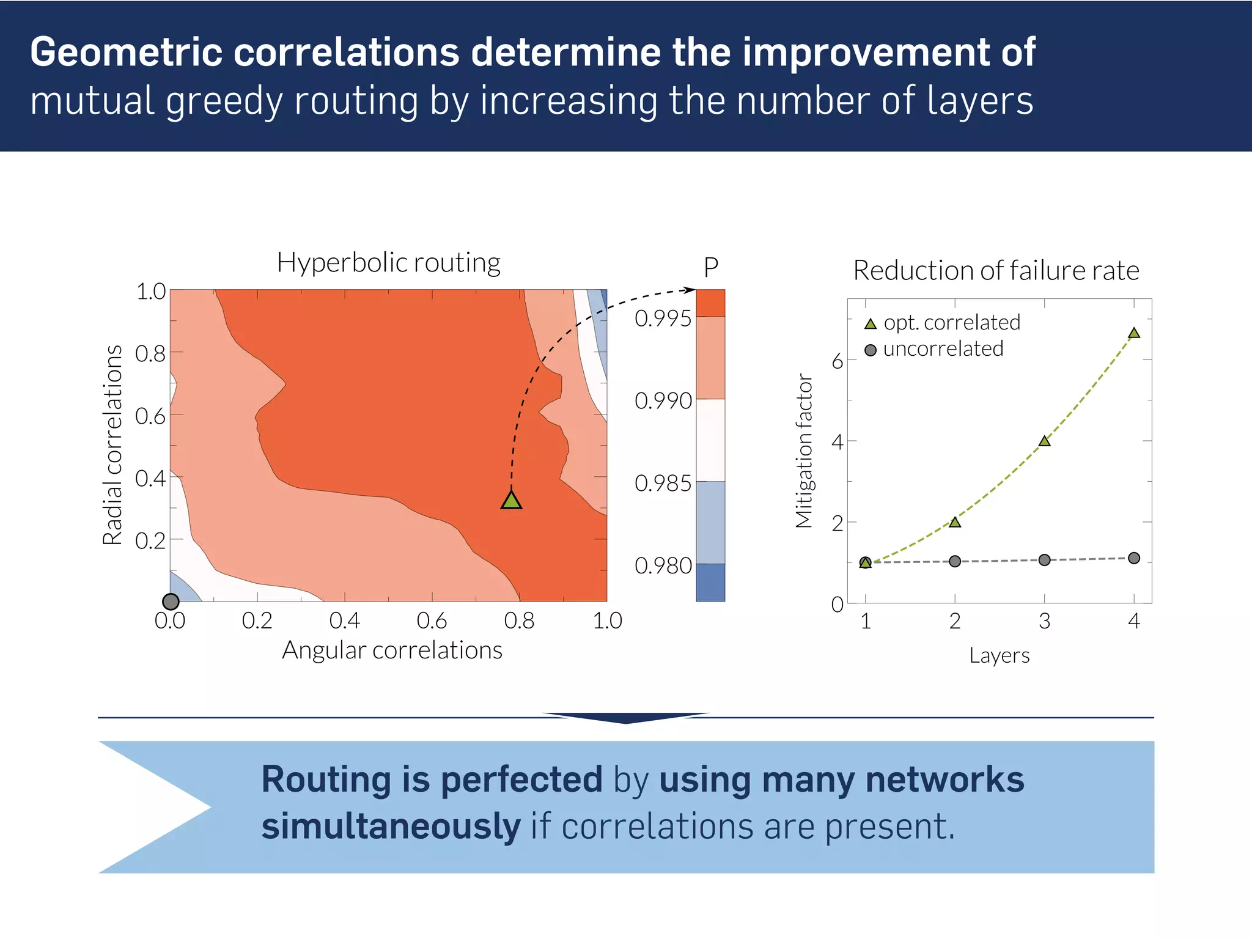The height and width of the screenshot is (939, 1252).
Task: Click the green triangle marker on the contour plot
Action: pyautogui.click(x=511, y=501)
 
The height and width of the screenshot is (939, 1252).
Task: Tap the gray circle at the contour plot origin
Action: pyautogui.click(x=171, y=602)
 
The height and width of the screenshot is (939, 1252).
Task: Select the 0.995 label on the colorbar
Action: pyautogui.click(x=663, y=319)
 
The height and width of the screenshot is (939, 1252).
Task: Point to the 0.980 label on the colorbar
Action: pyautogui.click(x=663, y=566)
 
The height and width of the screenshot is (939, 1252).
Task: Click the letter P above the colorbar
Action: pyautogui.click(x=710, y=268)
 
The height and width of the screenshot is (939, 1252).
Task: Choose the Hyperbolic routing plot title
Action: pyautogui.click(x=389, y=263)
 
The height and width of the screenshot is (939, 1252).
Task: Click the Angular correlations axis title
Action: pyautogui.click(x=392, y=650)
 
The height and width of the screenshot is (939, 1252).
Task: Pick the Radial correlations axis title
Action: pyautogui.click(x=112, y=445)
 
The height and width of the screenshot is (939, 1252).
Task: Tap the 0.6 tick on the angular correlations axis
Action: pyautogui.click(x=432, y=621)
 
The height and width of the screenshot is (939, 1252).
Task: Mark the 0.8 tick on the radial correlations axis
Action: pyautogui.click(x=150, y=353)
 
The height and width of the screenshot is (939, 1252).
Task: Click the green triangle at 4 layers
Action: pyautogui.click(x=1134, y=333)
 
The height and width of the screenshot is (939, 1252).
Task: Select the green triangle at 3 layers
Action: pyautogui.click(x=1045, y=441)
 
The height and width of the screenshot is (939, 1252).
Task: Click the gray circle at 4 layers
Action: pyautogui.click(x=1134, y=558)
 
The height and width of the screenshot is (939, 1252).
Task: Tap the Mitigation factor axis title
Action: pyautogui.click(x=804, y=451)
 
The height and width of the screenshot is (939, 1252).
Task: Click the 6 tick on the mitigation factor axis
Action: pyautogui.click(x=837, y=362)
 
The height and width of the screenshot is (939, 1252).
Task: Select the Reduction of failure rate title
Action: pyautogui.click(x=996, y=271)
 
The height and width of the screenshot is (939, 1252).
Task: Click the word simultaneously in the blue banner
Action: pyautogui.click(x=391, y=827)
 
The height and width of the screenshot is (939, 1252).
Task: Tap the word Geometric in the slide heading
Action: pyautogui.click(x=126, y=52)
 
